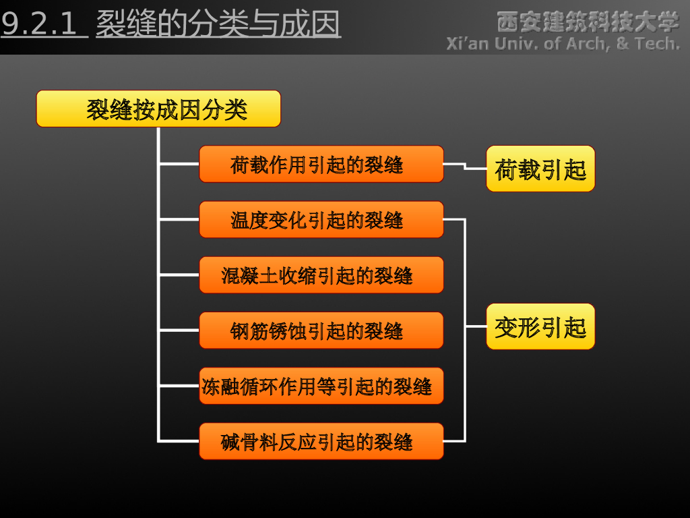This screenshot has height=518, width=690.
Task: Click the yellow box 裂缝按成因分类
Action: [x=158, y=109]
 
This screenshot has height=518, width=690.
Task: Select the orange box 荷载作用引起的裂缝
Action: [x=321, y=164]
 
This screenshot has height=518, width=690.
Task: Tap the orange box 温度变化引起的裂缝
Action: [x=321, y=219]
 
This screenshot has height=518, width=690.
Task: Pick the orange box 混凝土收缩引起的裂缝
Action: [x=321, y=275]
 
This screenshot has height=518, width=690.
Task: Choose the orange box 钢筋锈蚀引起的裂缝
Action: [x=321, y=330]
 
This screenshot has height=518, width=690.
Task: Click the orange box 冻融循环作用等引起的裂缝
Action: [x=321, y=386]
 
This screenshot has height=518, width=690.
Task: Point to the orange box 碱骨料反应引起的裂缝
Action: [x=321, y=441]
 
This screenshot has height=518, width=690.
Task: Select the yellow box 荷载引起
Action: [x=540, y=169]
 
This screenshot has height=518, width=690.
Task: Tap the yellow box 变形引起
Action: [x=540, y=326]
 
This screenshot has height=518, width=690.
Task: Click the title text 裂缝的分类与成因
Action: [x=218, y=25]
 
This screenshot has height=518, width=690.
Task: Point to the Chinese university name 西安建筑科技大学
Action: [x=588, y=22]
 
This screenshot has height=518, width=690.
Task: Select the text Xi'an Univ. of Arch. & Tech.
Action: [x=563, y=44]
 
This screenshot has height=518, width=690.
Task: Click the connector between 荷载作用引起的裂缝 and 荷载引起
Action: [x=465, y=166]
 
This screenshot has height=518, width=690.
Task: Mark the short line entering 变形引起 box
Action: [x=476, y=326]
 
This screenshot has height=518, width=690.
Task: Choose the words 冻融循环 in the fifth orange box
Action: [x=239, y=386]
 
